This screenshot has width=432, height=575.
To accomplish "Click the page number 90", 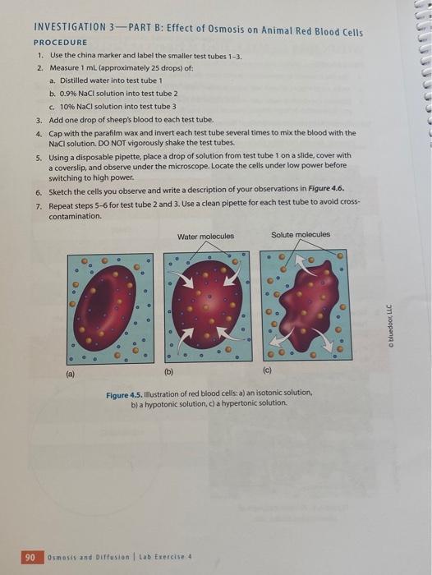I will click(30, 558).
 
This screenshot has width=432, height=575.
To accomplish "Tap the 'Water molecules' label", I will click(205, 237).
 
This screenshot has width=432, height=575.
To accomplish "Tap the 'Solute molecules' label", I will click(301, 234).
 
